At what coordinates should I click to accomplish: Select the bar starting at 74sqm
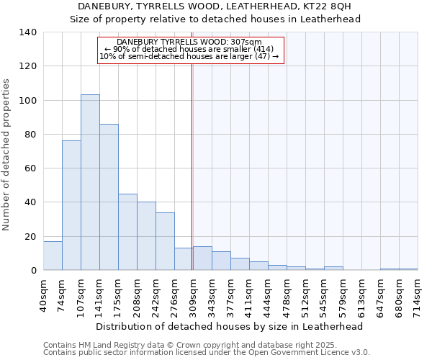tap(71, 205)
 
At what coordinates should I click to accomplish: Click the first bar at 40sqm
tap(53, 256)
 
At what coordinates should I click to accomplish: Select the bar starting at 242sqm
tap(165, 241)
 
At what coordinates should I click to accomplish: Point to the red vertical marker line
tap(192, 166)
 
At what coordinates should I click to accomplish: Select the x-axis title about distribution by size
tap(229, 326)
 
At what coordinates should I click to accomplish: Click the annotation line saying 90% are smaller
tap(189, 49)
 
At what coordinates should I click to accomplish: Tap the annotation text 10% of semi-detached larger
tap(189, 56)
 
